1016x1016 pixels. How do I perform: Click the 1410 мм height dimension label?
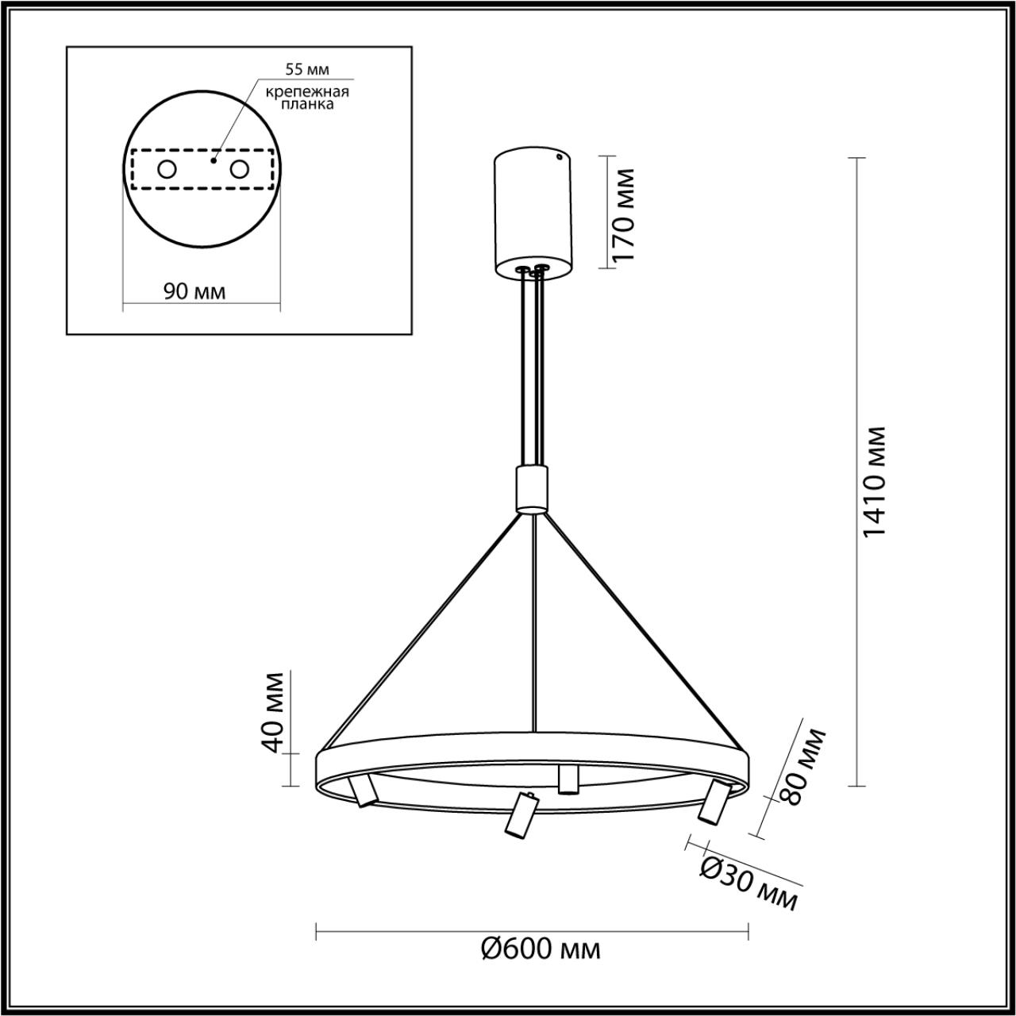[x=873, y=482]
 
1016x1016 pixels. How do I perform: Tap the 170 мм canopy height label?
[x=625, y=214]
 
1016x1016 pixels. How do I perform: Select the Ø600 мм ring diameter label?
[x=541, y=948]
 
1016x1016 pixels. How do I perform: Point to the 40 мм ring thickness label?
[x=272, y=712]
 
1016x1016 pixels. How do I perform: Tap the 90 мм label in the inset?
[x=194, y=291]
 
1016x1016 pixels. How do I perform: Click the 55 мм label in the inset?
[x=307, y=71]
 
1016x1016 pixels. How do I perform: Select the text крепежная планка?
[x=307, y=97]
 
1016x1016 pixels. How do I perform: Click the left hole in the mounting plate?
[x=167, y=169]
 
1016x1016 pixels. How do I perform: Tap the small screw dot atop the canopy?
[x=560, y=156]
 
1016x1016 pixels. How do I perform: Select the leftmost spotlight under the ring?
[x=362, y=791]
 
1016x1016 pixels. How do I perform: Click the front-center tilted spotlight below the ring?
[x=520, y=815]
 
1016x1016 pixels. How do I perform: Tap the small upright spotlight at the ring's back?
[x=568, y=779]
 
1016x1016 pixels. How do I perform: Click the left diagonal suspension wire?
[x=421, y=631]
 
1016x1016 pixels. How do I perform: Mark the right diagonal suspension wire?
[x=643, y=631]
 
